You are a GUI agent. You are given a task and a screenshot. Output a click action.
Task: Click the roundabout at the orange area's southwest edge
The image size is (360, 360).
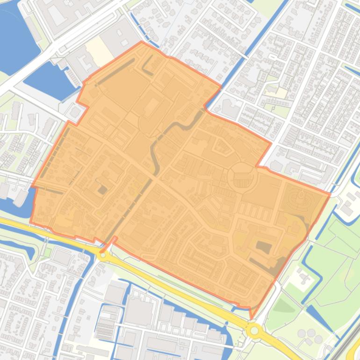pos(103,255)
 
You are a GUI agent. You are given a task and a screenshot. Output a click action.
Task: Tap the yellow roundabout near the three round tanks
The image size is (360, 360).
pos(254,331)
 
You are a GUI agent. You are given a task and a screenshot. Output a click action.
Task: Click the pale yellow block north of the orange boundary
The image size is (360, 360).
pos(99,52)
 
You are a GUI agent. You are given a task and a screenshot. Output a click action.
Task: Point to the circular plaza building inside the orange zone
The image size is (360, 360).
pos(242,178)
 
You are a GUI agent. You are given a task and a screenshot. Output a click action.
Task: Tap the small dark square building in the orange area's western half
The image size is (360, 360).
pos(102,189)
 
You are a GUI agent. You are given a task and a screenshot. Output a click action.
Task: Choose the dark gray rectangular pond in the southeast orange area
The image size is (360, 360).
pos(263,247)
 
